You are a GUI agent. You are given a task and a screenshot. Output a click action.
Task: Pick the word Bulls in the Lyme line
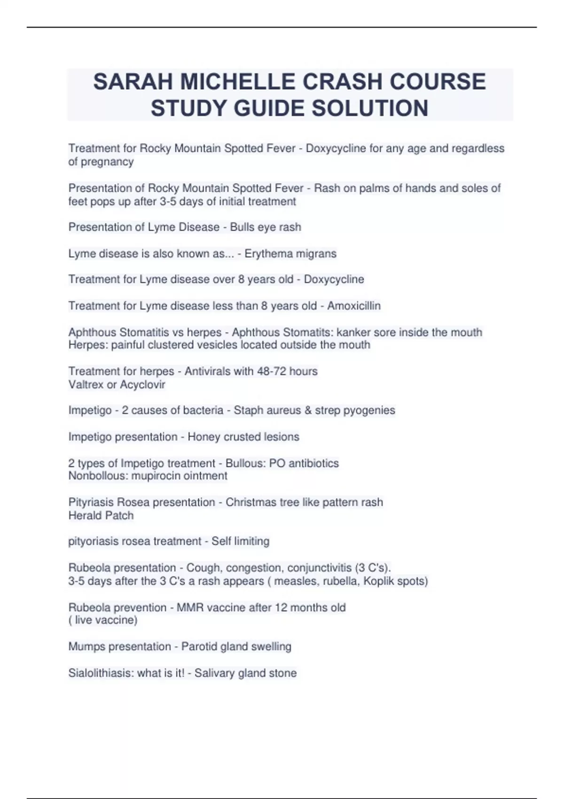point(242,227)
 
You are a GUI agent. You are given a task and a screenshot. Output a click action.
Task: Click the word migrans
point(315,254)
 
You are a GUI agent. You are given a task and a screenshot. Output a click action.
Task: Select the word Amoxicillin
point(354,306)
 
